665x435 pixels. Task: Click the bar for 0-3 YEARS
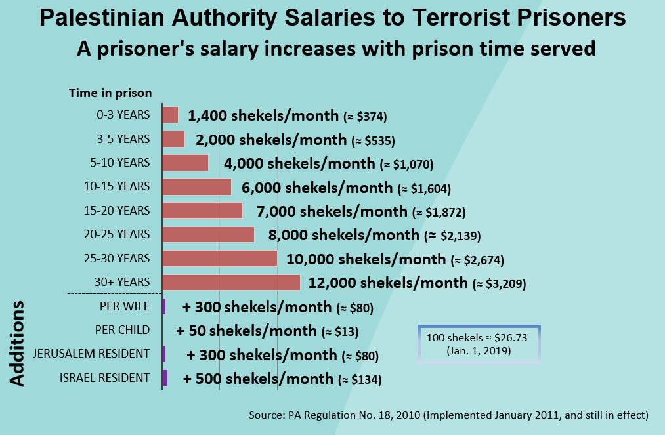pos(170,115)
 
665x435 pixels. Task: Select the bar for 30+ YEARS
pos(231,282)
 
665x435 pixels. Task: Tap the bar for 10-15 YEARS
pos(197,187)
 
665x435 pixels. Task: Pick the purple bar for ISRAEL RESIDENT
pos(165,378)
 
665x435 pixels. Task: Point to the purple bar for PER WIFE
pos(164,306)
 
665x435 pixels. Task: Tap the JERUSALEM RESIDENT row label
pos(91,354)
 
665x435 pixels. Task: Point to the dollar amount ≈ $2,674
pos(477,260)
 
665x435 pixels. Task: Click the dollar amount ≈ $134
pos(360,379)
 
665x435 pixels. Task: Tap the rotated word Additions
pos(17,343)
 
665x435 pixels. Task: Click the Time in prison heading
pos(110,93)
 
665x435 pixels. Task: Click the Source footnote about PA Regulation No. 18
pos(449,415)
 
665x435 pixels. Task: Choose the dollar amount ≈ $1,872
pos(439,212)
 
